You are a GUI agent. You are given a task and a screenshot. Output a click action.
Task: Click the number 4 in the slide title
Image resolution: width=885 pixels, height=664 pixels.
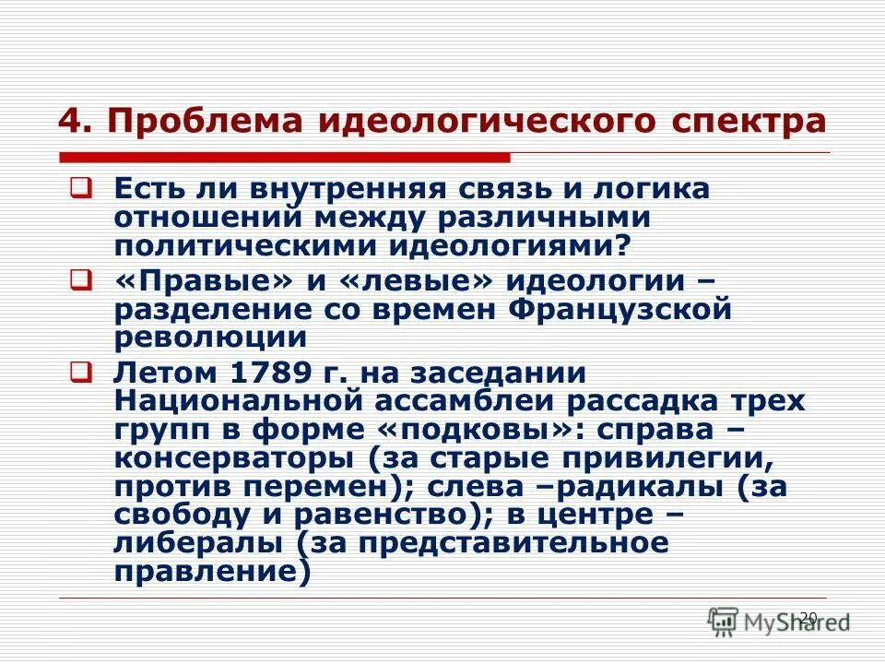click(x=67, y=122)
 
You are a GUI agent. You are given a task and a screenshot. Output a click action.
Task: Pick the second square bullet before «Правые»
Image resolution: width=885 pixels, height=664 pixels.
click(x=79, y=279)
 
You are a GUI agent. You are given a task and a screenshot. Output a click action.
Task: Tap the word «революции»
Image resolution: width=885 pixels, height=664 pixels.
click(x=210, y=338)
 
